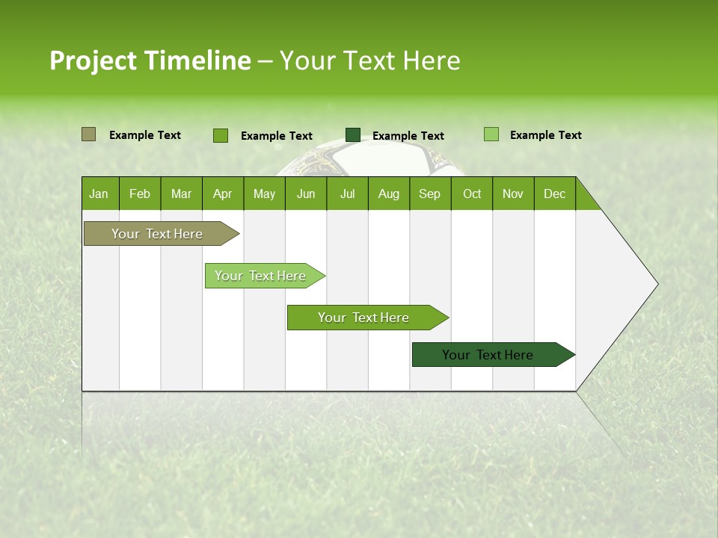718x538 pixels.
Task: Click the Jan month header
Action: pyautogui.click(x=99, y=194)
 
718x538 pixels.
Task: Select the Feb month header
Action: pyautogui.click(x=140, y=194)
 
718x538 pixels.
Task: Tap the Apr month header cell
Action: pyautogui.click(x=223, y=194)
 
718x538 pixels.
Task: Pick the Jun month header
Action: pyautogui.click(x=306, y=194)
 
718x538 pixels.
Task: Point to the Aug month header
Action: pyautogui.click(x=389, y=194)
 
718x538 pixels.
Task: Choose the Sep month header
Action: pyautogui.click(x=430, y=194)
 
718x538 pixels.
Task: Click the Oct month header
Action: pyautogui.click(x=472, y=194)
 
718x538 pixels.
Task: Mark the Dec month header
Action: pyautogui.click(x=555, y=194)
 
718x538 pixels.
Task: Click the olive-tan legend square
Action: pyautogui.click(x=88, y=134)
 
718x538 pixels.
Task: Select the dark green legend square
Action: pyautogui.click(x=353, y=134)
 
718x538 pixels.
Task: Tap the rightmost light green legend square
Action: pyautogui.click(x=491, y=134)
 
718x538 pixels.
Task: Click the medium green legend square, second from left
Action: pyautogui.click(x=221, y=135)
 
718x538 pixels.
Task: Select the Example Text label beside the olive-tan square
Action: pyautogui.click(x=145, y=135)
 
